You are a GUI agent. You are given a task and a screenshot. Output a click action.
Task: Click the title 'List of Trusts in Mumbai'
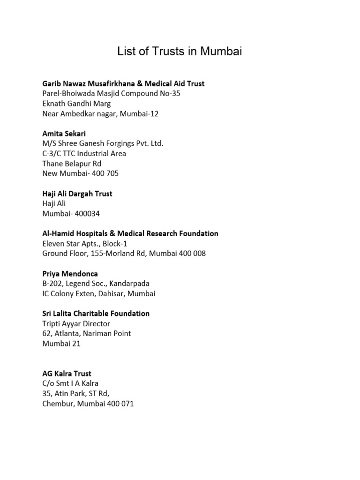coord(180,52)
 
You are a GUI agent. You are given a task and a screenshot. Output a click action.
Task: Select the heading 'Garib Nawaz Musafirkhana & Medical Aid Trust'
coord(123,84)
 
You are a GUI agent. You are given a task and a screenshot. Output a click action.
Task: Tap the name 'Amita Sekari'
coord(64,134)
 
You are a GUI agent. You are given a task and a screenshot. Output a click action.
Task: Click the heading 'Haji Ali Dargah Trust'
coord(77,194)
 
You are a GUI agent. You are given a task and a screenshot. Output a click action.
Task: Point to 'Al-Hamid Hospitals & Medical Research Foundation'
coord(130,233)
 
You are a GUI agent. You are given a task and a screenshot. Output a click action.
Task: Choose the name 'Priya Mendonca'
coord(70,273)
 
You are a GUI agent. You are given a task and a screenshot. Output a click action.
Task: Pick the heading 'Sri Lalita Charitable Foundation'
coord(96,314)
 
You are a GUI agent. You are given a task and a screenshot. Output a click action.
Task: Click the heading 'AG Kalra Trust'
coord(67,374)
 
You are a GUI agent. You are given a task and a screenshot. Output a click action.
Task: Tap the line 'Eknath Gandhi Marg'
coord(76,104)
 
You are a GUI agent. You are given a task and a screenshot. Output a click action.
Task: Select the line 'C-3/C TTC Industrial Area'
coord(84,154)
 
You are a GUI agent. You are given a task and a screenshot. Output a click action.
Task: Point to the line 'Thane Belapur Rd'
coord(71,164)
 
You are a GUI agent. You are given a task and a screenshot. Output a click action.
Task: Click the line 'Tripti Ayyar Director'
coord(76,324)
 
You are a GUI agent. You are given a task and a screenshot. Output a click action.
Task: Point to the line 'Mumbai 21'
coord(61,344)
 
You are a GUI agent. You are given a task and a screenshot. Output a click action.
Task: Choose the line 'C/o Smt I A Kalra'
coord(70,383)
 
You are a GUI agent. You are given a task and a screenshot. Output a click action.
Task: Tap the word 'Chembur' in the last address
coord(58,404)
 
